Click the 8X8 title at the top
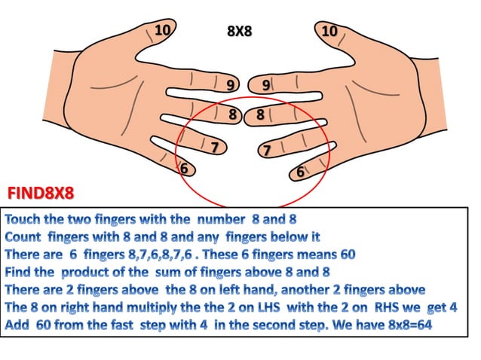click(239, 32)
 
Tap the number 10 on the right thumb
click(329, 32)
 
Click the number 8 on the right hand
click(260, 115)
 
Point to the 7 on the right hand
click(265, 151)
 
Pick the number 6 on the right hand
click(300, 172)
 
